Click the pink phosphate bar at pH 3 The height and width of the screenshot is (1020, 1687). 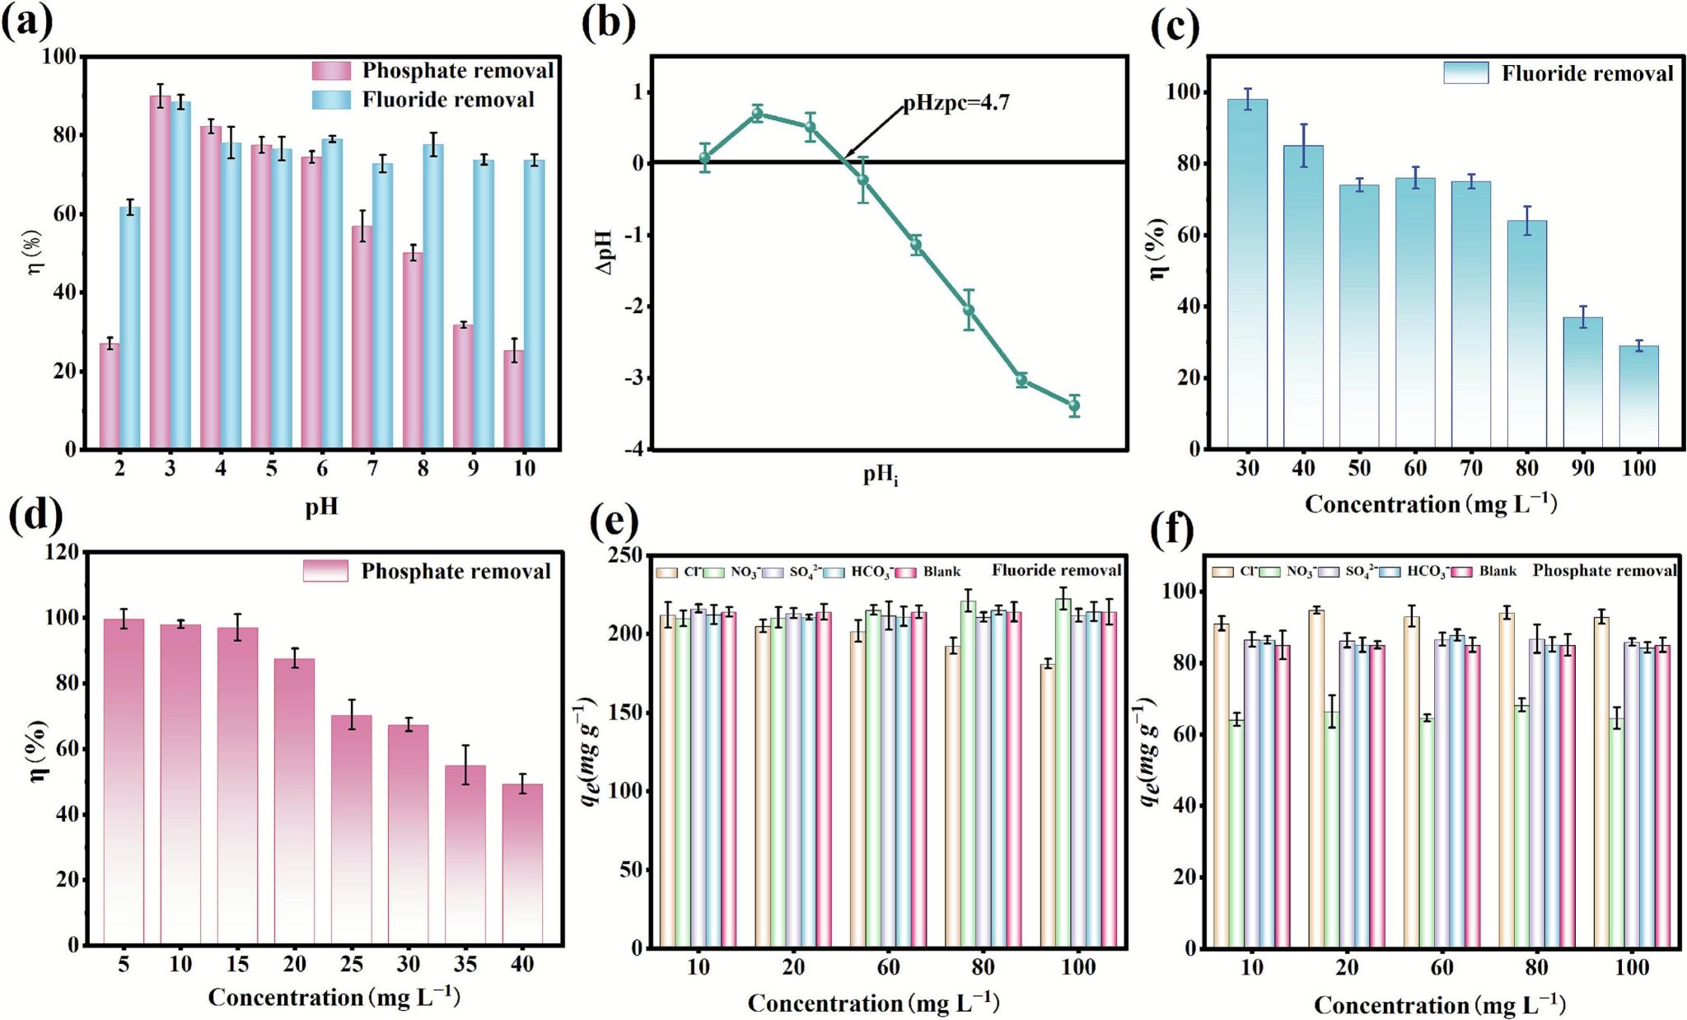coord(160,272)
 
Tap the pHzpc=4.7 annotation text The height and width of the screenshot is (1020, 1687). coord(956,104)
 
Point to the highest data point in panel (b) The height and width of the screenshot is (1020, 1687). coord(758,114)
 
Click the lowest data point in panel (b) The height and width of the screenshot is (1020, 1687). coord(1074,405)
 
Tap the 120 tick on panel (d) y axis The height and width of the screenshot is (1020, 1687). coord(62,551)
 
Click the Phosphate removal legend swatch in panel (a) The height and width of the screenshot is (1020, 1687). coord(331,71)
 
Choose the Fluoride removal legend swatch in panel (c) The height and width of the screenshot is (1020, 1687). coord(1465,73)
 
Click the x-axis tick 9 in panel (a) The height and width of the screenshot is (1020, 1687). coord(473,469)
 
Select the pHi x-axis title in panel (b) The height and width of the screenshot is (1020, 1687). coord(881,475)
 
